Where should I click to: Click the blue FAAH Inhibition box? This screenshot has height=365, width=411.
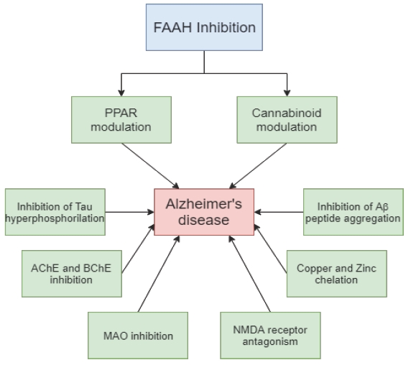204,27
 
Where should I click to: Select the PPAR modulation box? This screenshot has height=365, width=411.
121,120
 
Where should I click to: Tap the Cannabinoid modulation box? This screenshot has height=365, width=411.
287,120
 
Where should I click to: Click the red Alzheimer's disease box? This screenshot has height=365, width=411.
204,212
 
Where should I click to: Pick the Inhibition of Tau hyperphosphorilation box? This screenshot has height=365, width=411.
55,212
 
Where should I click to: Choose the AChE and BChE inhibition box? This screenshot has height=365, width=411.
72,274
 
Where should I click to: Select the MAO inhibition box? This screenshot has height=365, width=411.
138,336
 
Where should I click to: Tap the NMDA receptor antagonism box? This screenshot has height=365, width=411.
270,336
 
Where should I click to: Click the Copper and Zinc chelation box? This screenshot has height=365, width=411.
337,274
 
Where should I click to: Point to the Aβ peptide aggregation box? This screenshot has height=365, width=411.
354,212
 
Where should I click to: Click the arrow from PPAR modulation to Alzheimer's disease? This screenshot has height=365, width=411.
150,166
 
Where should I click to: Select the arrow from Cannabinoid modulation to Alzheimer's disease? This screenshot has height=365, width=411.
258,166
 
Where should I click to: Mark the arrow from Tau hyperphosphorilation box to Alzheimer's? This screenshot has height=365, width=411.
130,212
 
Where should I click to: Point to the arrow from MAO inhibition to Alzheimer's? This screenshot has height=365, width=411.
159,274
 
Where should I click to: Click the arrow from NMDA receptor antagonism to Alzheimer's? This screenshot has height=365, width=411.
249,274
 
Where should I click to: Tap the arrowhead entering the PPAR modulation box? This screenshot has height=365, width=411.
121,93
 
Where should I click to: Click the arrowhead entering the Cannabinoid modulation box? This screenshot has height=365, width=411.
287,93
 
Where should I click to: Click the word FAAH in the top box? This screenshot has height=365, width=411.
172,27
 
